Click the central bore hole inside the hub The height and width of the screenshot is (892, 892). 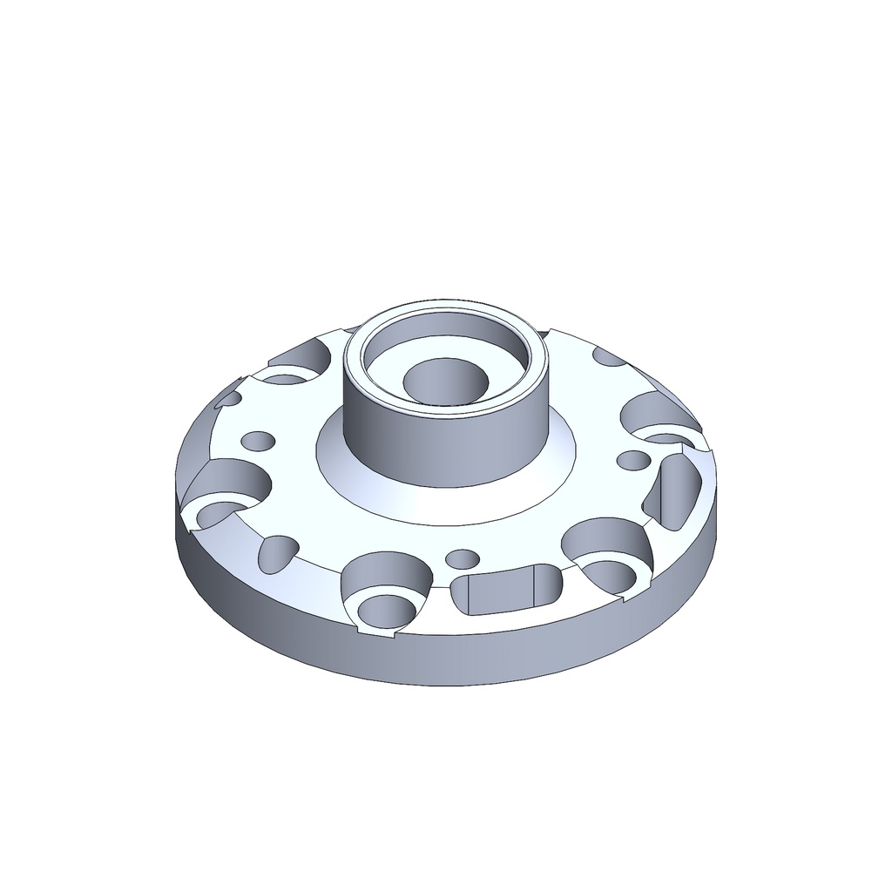coord(445,381)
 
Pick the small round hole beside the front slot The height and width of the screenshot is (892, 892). coord(463,557)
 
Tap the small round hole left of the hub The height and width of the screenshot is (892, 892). coord(257,440)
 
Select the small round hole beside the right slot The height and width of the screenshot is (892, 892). coord(633,458)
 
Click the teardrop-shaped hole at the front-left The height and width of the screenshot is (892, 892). coord(276,554)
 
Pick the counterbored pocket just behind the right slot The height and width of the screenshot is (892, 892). coord(658,415)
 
